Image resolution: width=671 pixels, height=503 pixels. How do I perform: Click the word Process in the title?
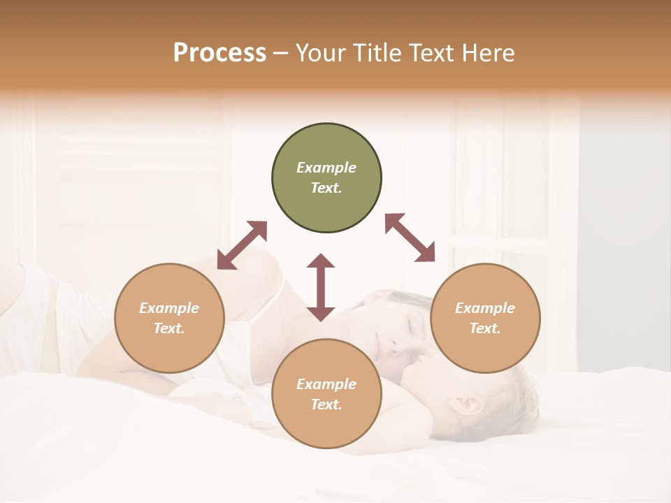[x=219, y=53]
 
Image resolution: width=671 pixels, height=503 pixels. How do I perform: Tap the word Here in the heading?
[x=487, y=53]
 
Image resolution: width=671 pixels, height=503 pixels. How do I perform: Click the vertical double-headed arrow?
[x=321, y=287]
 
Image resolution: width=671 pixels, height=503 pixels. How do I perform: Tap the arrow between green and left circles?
[x=242, y=245]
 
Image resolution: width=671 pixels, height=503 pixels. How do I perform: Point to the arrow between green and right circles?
[x=410, y=238]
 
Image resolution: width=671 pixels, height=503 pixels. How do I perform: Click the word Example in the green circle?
[x=326, y=168]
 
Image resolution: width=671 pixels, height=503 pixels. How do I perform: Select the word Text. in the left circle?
[x=169, y=328]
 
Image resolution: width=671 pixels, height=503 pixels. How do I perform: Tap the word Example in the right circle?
[x=485, y=308]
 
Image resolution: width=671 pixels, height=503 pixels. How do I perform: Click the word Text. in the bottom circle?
[x=326, y=404]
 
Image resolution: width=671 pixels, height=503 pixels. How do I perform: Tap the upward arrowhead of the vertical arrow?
[x=321, y=261]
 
